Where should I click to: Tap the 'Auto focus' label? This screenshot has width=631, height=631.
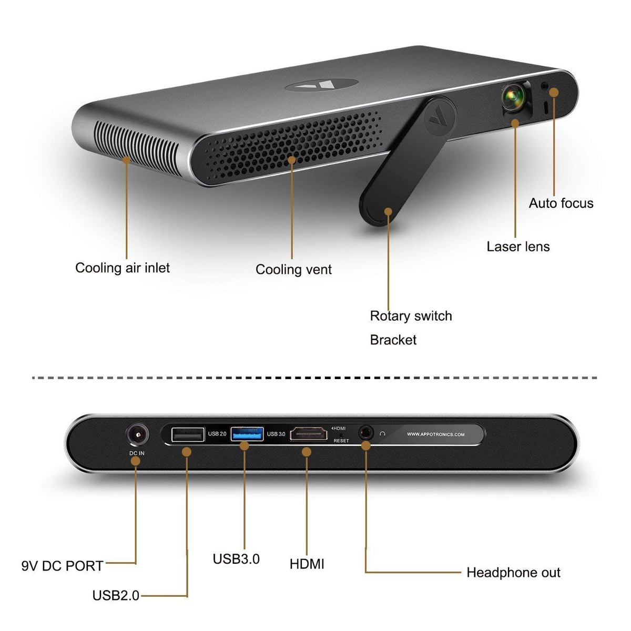[561, 203]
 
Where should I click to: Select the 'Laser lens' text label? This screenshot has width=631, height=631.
[518, 247]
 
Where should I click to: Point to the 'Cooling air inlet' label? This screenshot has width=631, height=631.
[123, 268]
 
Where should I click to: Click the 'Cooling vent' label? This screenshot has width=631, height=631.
[293, 270]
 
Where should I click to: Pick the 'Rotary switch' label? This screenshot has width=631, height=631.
[411, 316]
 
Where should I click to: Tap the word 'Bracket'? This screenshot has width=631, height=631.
[393, 340]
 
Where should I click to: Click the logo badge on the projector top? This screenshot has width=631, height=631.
[322, 85]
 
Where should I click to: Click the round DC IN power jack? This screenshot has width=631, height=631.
[137, 435]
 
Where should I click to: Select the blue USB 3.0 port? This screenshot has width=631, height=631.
[247, 434]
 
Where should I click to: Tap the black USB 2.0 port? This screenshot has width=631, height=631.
[188, 434]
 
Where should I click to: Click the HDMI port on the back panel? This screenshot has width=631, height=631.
[309, 434]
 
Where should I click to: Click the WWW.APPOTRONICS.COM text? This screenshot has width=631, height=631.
[435, 434]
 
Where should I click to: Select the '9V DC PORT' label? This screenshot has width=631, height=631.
[62, 566]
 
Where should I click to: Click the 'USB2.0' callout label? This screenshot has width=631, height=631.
[116, 596]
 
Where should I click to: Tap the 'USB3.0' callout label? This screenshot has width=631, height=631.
[236, 559]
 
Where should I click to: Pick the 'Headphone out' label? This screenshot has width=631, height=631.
[513, 573]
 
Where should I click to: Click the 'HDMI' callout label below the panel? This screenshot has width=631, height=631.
[307, 564]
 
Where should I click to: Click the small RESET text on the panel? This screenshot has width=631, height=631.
[341, 441]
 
